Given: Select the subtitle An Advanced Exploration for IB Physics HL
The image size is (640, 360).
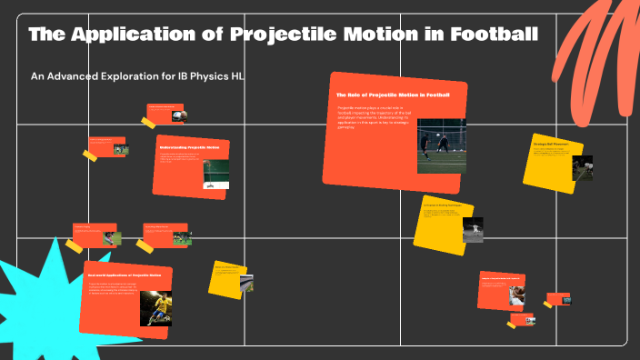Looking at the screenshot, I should pyautogui.click(x=136, y=76).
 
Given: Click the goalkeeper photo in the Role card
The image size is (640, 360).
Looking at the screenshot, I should pyautogui.click(x=442, y=145).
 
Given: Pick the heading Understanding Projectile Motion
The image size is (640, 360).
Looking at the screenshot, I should pyautogui.click(x=190, y=147).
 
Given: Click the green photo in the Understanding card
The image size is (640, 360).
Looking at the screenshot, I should pyautogui.click(x=215, y=174).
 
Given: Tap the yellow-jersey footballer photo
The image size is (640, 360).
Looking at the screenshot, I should pyautogui.click(x=155, y=308).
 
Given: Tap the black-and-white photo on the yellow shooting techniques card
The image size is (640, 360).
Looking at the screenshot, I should pyautogui.click(x=473, y=230).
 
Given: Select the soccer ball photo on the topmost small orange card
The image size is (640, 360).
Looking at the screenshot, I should pyautogui.click(x=182, y=116).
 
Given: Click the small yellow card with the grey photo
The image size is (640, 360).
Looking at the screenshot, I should pyautogui.click(x=229, y=279).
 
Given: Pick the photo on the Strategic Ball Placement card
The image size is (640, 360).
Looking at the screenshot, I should pyautogui.click(x=582, y=167).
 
